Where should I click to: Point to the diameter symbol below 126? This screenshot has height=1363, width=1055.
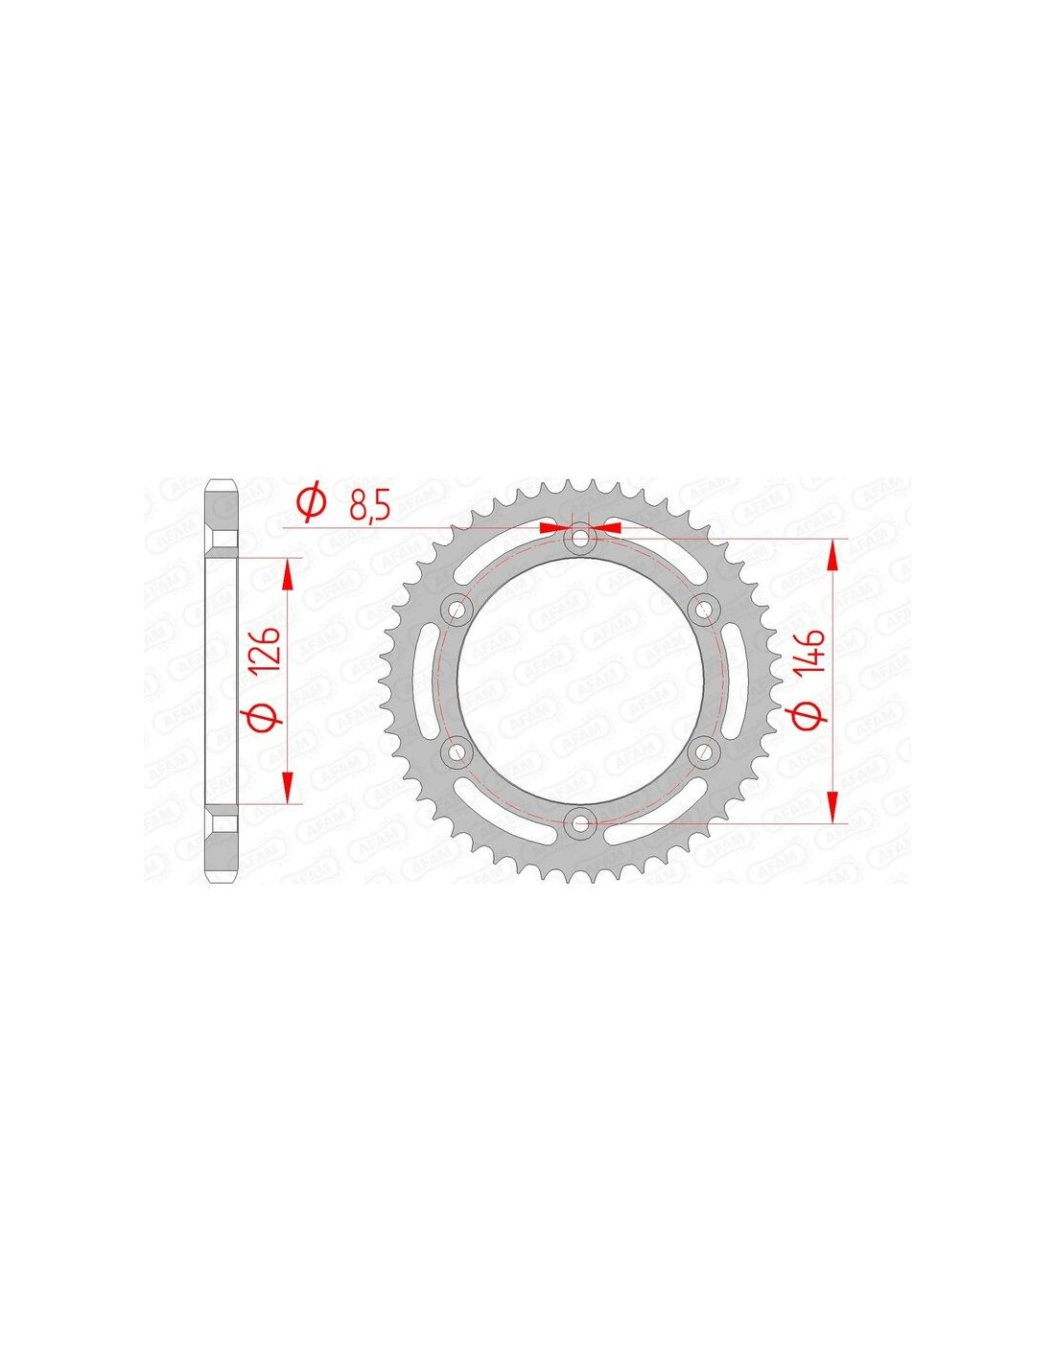point(266,717)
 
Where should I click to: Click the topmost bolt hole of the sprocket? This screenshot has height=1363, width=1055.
point(578,538)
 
